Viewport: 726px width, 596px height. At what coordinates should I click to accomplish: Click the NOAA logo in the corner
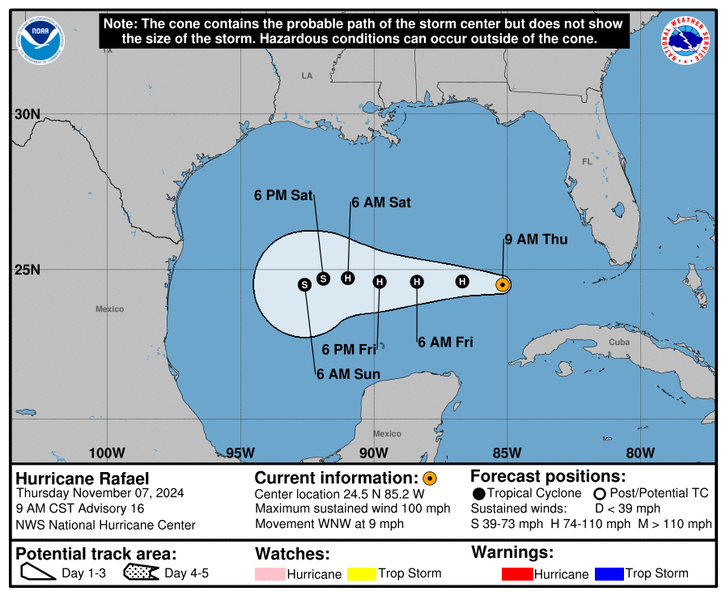tap(40, 40)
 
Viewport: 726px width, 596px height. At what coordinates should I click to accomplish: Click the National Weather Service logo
tap(686, 40)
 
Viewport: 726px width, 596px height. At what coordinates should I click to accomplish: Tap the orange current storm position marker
tap(503, 284)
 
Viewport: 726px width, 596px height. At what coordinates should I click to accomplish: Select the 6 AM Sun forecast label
tap(348, 374)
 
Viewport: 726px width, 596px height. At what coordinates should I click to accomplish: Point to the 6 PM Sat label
tap(283, 195)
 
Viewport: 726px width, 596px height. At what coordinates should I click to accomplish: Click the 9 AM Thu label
tap(536, 240)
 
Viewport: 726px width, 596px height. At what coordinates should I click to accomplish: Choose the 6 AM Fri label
tap(445, 343)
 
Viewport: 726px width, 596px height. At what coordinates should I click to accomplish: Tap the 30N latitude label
tap(27, 114)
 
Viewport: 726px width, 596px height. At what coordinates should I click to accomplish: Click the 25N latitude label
tap(27, 270)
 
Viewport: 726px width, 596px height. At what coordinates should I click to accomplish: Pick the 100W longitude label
tap(107, 453)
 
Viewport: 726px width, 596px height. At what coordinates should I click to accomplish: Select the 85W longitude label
tap(507, 453)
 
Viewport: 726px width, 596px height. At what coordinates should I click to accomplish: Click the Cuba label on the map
tap(619, 343)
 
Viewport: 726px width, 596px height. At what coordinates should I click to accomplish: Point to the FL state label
tap(587, 162)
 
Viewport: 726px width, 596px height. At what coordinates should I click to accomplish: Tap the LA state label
tap(307, 76)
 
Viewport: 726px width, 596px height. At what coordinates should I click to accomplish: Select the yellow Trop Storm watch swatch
tap(363, 574)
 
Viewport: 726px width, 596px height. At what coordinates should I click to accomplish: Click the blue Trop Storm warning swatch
tap(609, 574)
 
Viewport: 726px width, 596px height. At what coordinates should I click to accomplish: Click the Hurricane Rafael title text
tap(83, 479)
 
